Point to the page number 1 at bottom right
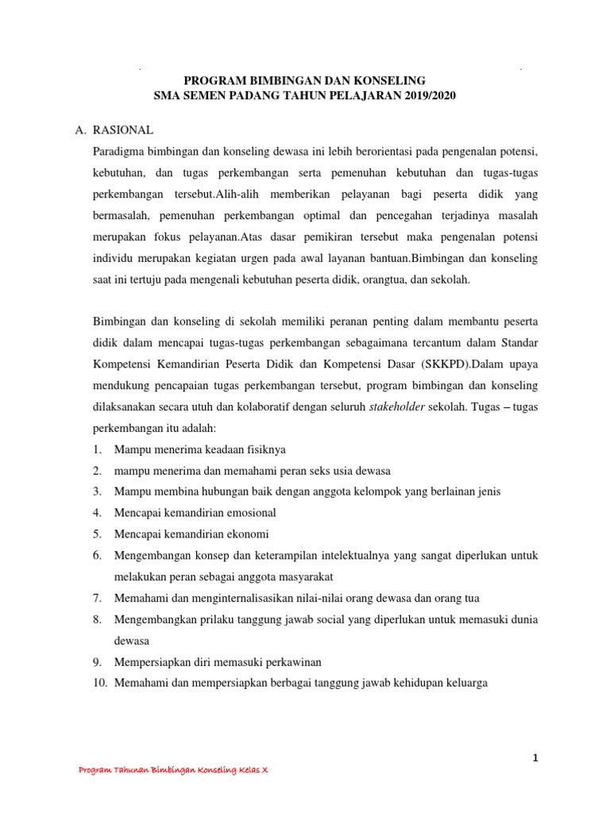pos(535,759)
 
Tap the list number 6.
pos(96,556)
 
